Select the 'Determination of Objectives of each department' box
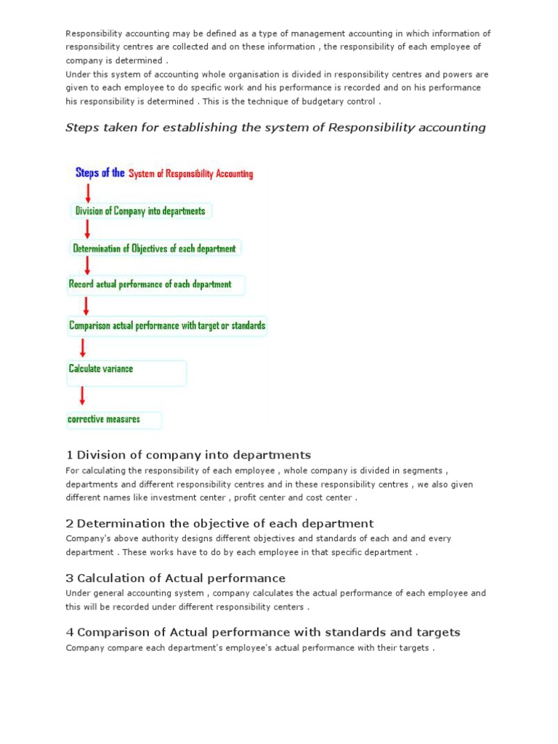click(x=155, y=248)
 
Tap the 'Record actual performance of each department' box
click(x=155, y=285)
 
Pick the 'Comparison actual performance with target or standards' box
click(x=167, y=325)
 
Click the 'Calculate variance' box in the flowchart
click(x=126, y=372)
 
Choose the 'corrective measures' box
click(x=113, y=420)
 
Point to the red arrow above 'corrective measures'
click(x=82, y=395)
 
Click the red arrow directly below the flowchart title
click(x=88, y=193)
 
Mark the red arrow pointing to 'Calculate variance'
click(x=82, y=347)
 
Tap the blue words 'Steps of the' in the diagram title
click(x=100, y=173)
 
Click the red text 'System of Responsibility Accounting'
click(x=191, y=174)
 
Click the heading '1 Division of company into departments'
click(x=188, y=455)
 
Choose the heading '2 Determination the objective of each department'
click(x=219, y=523)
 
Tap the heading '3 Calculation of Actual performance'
click(x=175, y=578)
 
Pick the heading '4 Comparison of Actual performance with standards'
click(x=263, y=632)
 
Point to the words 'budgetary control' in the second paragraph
click(x=339, y=102)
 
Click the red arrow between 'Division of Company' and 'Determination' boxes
click(x=87, y=230)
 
